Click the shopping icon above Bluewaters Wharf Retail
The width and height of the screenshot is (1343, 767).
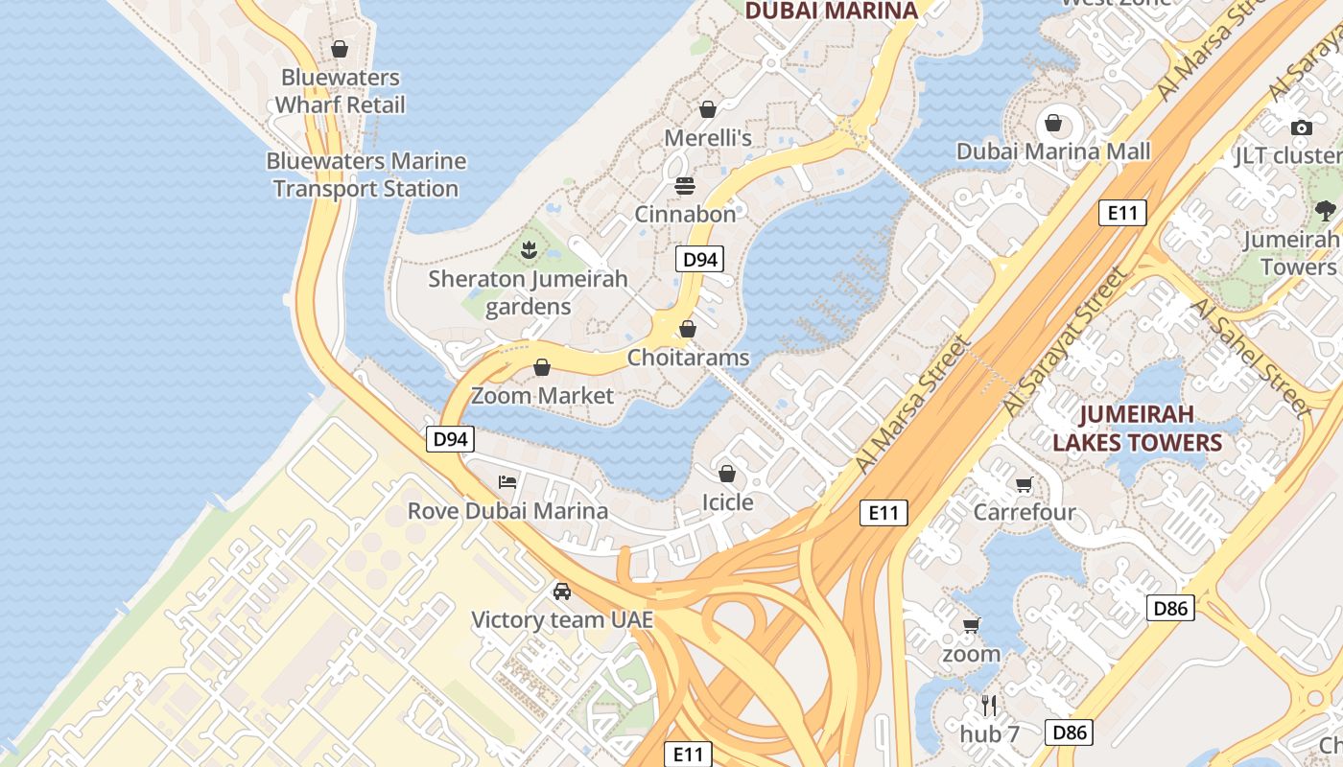tap(340, 49)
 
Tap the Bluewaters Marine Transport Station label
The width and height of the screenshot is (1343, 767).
tap(365, 174)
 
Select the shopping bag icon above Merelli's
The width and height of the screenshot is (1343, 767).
tap(708, 109)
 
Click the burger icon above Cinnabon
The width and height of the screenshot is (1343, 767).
tap(685, 185)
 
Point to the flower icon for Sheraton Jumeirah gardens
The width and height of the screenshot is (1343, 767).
tap(528, 250)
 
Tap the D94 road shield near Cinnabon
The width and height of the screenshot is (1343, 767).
tap(698, 258)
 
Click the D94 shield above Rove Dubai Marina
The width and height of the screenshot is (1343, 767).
tap(450, 439)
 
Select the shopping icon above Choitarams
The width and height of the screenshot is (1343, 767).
tap(688, 329)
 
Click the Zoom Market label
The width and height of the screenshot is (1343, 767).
tap(542, 395)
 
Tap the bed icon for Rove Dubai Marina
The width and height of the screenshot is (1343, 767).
tap(507, 481)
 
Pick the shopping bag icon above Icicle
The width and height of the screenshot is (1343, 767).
tap(727, 474)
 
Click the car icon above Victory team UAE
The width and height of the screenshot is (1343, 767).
tap(562, 591)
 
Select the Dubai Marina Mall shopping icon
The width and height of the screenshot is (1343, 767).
tap(1053, 123)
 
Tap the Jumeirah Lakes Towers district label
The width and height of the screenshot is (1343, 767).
tap(1137, 428)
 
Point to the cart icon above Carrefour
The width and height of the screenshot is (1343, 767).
tap(1025, 484)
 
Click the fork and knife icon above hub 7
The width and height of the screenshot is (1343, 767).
tap(990, 706)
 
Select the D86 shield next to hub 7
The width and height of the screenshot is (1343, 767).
tap(1069, 732)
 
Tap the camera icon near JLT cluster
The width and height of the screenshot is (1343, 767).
tap(1301, 128)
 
